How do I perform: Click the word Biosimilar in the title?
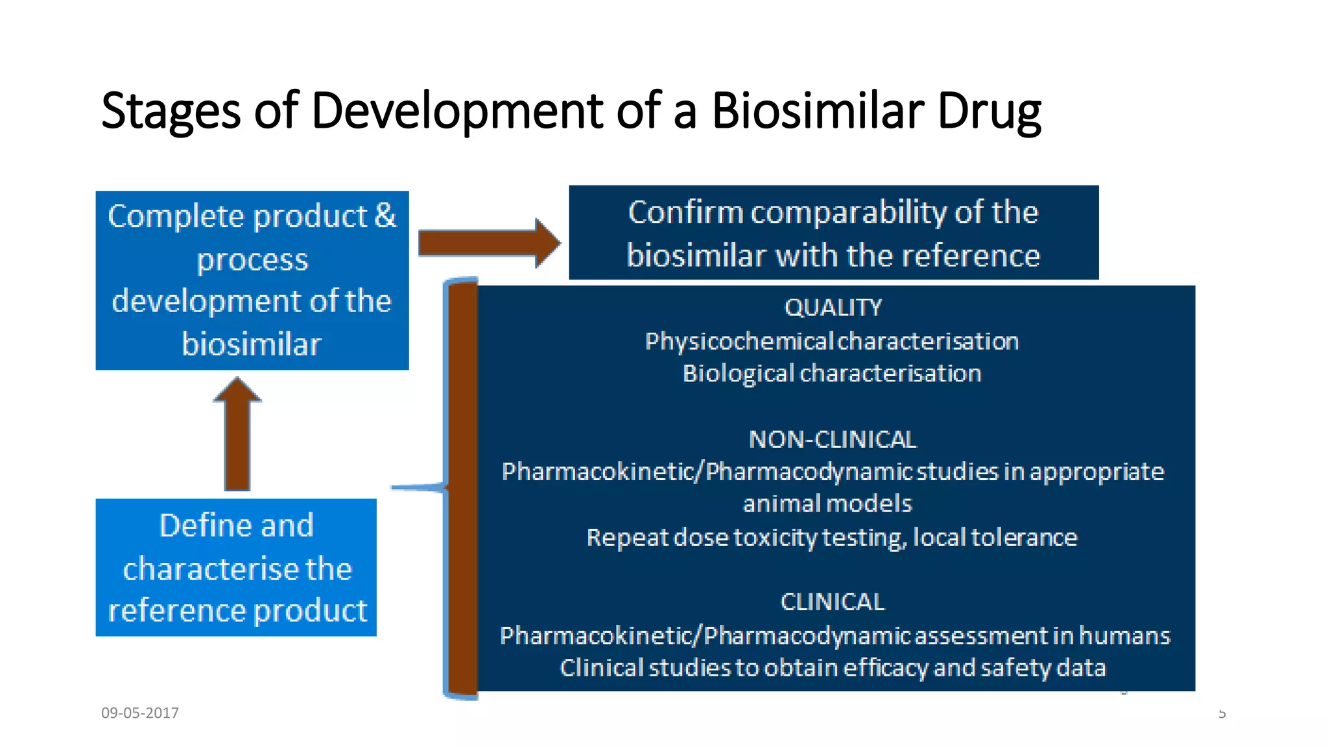click(x=818, y=110)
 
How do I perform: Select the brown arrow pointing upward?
click(x=237, y=434)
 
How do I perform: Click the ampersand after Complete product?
click(x=385, y=215)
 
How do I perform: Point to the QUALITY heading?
click(x=833, y=307)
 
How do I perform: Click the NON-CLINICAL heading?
click(x=833, y=440)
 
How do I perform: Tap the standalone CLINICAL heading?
click(x=833, y=602)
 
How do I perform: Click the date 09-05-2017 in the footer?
click(x=140, y=713)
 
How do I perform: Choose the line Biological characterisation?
click(x=832, y=373)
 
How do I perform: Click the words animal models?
click(x=827, y=504)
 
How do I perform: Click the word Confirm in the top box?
click(x=685, y=213)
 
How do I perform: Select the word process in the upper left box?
click(x=252, y=259)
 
